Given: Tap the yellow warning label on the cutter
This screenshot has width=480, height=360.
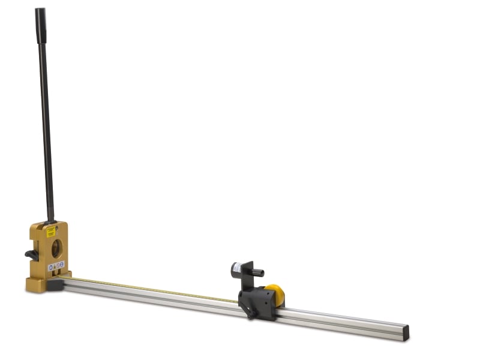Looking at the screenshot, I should coord(51,232).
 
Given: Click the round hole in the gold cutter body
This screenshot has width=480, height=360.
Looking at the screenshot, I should coord(56,248).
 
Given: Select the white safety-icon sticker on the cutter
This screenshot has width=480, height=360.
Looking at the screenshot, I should coord(56,266).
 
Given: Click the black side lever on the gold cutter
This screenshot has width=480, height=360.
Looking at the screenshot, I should coord(32,254).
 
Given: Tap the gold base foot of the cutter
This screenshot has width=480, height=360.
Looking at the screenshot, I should coord(36,285).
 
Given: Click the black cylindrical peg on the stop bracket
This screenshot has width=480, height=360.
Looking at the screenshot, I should coord(257,272).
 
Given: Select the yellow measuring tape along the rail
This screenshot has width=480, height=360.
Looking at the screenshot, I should coord(150,289).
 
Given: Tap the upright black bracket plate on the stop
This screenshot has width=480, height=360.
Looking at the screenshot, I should coord(247,276).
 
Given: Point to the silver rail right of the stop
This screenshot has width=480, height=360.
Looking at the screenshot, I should coord(342,321).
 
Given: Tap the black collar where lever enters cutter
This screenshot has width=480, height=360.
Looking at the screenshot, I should coord(50,221).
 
